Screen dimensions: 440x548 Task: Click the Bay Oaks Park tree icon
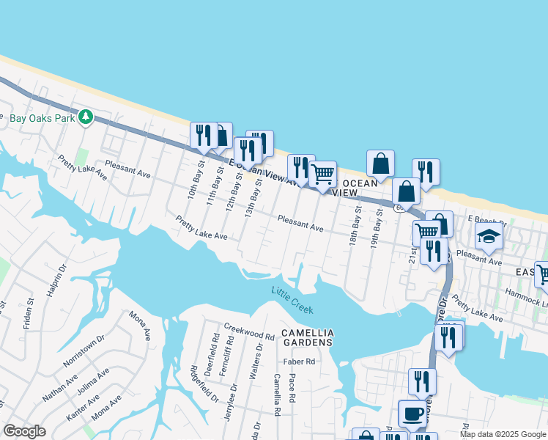pyautogui.click(x=86, y=117)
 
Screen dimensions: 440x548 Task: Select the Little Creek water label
pyautogui.click(x=293, y=300)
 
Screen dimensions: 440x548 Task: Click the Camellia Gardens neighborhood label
pyautogui.click(x=308, y=337)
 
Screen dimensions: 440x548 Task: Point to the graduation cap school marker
pyautogui.click(x=489, y=237)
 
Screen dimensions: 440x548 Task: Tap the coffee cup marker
pyautogui.click(x=412, y=414)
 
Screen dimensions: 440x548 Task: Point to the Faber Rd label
pyautogui.click(x=299, y=362)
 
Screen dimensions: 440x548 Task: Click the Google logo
pyautogui.click(x=24, y=431)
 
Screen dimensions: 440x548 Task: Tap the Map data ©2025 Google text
pyautogui.click(x=502, y=434)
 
